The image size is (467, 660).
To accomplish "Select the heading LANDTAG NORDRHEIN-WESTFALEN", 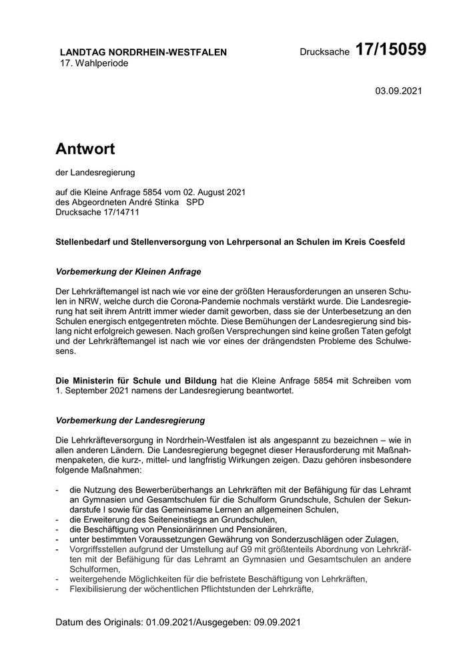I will pos(143,52).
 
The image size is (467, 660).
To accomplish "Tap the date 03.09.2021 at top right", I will pos(398,90).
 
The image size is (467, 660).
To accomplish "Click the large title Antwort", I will pos(85,149).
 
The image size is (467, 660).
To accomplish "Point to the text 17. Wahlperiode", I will pos(94,63).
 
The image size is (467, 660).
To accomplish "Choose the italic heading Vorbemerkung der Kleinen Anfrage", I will pos(128,272).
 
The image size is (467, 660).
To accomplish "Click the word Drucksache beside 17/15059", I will pos(324,52).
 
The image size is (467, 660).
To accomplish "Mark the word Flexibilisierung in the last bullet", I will pos(102,589).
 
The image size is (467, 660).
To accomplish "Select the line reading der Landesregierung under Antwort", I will pos(95,173).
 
